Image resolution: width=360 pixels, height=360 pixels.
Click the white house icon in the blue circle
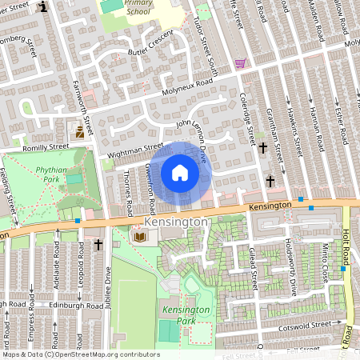[x=180, y=173]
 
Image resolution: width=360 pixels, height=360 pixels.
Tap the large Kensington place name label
[x=176, y=220]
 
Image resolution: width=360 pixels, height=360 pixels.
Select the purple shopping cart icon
[x=240, y=63]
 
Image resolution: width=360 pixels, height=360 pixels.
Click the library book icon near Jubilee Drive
[x=139, y=237]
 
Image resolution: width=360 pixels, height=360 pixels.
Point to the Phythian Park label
[x=54, y=174]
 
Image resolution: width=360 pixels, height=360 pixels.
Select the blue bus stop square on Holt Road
[x=342, y=269]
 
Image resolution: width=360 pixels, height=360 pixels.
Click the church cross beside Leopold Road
[x=98, y=244]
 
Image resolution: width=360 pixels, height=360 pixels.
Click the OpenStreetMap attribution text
[x=80, y=354]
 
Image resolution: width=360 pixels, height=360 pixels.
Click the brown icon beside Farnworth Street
[x=80, y=133]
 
